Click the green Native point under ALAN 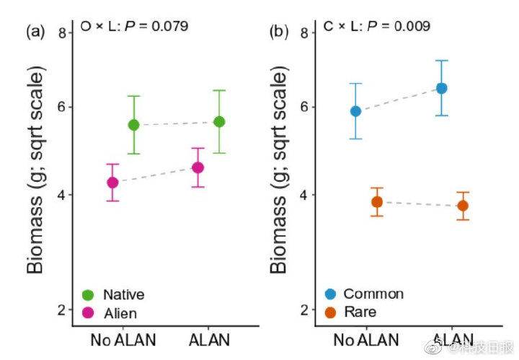(219, 122)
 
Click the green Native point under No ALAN (133, 125)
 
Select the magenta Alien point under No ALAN (112, 183)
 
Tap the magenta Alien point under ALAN (198, 168)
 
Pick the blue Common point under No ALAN (355, 111)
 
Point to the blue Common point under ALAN (441, 88)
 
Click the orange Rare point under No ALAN (376, 202)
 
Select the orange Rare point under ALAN (462, 206)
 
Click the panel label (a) (36, 31)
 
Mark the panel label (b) (279, 31)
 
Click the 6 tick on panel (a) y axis (63, 107)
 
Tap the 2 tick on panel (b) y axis (306, 309)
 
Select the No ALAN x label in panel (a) (123, 339)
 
